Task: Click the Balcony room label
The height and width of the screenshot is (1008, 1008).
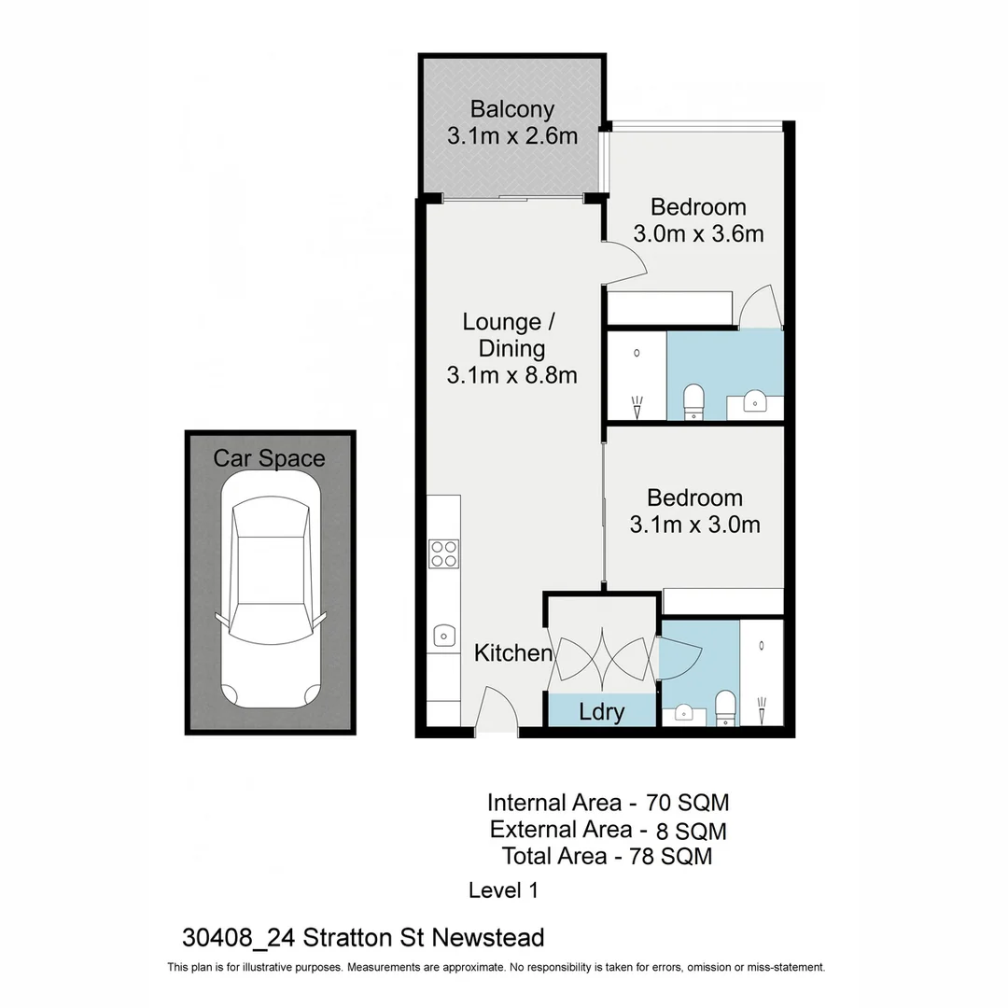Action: (511, 109)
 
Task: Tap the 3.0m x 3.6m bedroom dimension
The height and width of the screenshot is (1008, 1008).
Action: (698, 233)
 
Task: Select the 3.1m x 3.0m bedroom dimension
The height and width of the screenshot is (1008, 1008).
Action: (694, 525)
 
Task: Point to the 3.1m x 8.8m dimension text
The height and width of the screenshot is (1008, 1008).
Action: (511, 375)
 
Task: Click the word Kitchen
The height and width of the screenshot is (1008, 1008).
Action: (512, 652)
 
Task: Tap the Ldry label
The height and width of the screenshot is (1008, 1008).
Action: (601, 712)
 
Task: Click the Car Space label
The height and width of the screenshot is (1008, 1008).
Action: (269, 458)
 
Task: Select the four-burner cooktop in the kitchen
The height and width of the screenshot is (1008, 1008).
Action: (443, 553)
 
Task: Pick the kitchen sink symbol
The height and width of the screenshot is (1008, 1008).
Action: (444, 636)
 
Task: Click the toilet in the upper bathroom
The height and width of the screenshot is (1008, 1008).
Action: (693, 402)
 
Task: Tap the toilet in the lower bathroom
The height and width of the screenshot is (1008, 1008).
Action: (725, 707)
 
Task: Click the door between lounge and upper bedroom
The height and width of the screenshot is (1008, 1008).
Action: (623, 260)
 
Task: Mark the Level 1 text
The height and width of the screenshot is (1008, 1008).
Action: (503, 890)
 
